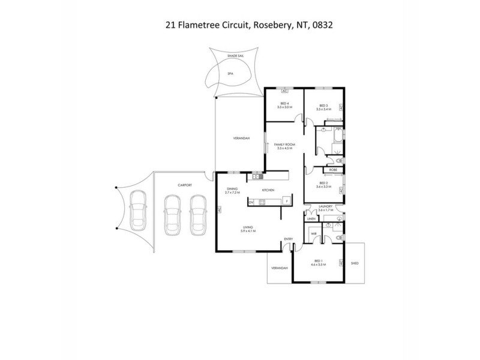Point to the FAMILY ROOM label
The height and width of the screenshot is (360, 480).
click(284, 145)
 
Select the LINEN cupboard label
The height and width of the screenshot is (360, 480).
click(311, 220)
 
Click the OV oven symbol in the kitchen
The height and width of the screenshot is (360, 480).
click(252, 202)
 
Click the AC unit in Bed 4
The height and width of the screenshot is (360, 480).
click(284, 91)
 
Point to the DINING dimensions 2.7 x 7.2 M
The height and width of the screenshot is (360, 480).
click(232, 193)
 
